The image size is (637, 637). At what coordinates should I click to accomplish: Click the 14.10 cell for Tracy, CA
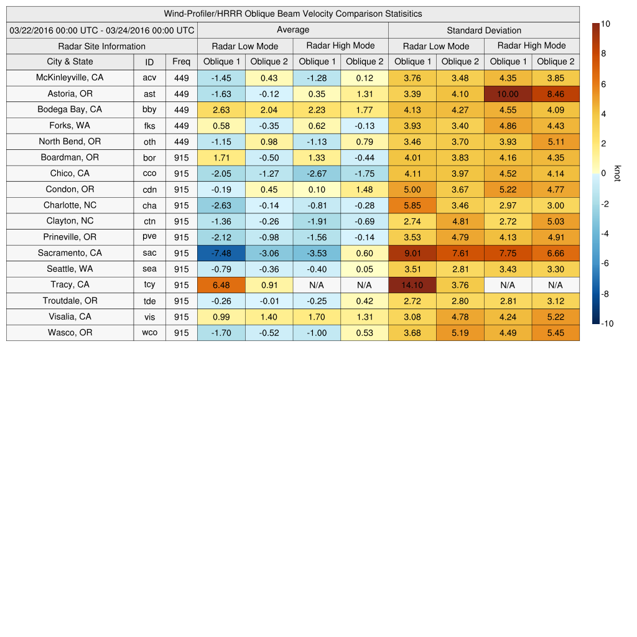tap(412, 285)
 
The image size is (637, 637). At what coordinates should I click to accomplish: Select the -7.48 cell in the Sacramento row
tap(221, 253)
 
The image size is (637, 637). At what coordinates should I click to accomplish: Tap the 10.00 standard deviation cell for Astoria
tap(508, 94)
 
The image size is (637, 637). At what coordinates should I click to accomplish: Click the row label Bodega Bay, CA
tap(70, 109)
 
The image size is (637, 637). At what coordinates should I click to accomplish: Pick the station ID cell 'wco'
tap(149, 333)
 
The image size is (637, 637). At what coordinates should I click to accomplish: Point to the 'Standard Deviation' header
tap(484, 30)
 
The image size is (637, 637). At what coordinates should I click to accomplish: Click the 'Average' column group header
tap(292, 30)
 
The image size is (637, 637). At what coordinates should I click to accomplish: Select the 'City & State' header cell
tap(70, 62)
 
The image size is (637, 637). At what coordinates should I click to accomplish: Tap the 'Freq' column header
tap(181, 62)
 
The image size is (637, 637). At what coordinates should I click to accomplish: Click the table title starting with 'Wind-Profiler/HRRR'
tap(292, 14)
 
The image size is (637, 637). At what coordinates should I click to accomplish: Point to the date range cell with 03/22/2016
tap(102, 30)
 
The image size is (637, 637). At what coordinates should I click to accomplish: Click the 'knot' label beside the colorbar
tap(617, 174)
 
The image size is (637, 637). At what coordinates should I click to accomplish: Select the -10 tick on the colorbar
tap(609, 323)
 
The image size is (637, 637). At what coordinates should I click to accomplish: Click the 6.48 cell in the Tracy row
tap(221, 285)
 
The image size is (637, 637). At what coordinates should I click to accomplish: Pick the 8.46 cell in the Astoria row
tap(556, 94)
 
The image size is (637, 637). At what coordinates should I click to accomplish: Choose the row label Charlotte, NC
tap(70, 205)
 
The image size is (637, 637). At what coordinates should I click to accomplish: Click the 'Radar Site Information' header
tap(102, 46)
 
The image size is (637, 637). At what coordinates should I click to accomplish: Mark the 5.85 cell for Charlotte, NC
tap(412, 205)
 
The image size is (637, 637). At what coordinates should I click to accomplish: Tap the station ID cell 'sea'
tap(149, 269)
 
